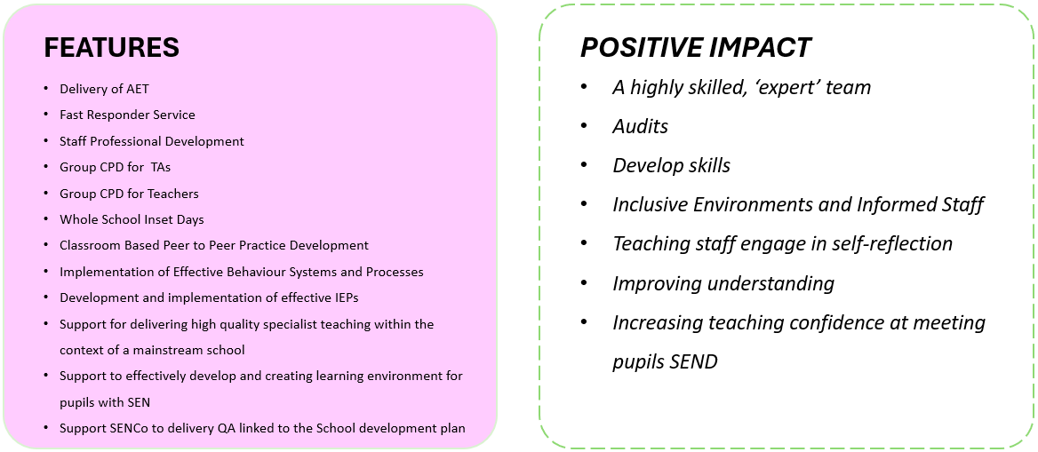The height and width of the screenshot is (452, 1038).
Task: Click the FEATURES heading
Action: coord(111,48)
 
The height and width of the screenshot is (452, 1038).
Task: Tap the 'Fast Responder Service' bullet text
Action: coord(127,115)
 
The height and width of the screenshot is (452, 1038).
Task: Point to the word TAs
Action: coord(161,168)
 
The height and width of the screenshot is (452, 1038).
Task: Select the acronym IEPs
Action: coord(346,297)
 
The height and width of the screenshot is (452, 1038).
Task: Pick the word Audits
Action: coord(640,126)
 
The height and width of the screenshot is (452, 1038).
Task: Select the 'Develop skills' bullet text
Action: coord(671,165)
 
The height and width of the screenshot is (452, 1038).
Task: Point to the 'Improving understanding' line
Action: coord(723,283)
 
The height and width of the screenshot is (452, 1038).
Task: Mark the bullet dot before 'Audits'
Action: coord(584,126)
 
